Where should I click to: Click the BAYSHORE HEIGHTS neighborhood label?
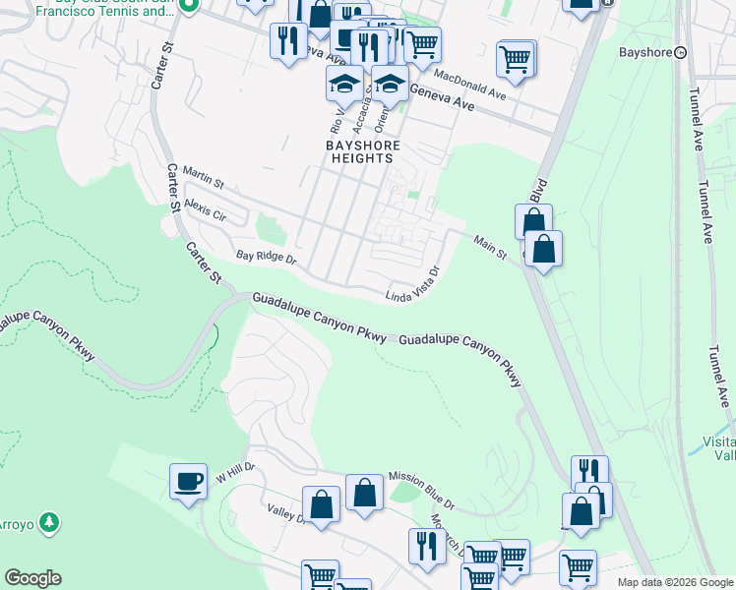pos(360,150)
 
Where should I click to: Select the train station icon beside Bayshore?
pos(680,52)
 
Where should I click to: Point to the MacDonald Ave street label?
pos(469,82)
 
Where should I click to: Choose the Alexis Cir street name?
pos(205,209)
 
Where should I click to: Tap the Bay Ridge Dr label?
pos(266,258)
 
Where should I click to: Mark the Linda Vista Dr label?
pos(411,283)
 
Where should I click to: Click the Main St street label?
pos(489,247)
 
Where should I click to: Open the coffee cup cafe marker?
pos(188,481)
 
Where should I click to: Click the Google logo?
pos(32,578)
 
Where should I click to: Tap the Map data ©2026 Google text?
pos(674,582)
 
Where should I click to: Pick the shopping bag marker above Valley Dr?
pos(322,504)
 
